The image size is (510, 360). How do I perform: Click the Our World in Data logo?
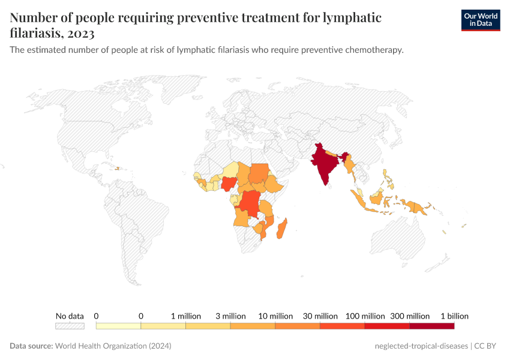point(480,19)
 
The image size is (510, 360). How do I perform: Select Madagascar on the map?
point(281,229)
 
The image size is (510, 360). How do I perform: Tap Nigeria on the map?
point(229,184)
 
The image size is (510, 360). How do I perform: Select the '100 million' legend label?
point(365,316)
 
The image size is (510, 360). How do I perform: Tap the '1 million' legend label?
point(185,316)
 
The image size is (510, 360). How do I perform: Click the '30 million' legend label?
point(320,316)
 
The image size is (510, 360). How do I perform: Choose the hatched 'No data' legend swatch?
point(70,326)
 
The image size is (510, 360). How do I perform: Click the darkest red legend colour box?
point(432,326)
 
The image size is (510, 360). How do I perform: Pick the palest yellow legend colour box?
point(118,326)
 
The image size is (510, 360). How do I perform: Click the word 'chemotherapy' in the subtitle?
point(372,50)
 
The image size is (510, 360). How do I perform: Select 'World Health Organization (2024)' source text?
point(113,346)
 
